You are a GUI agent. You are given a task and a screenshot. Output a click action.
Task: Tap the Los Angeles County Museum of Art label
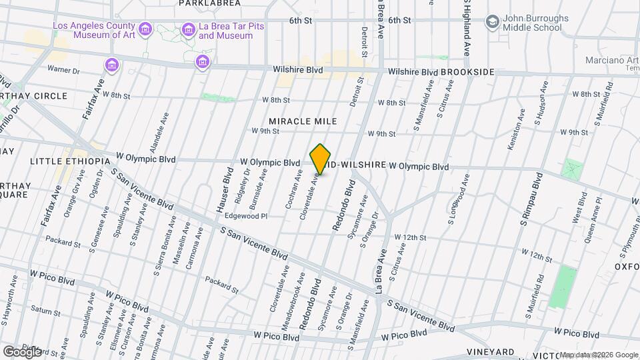(95, 31)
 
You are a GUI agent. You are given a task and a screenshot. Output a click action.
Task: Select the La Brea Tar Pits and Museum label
(226, 31)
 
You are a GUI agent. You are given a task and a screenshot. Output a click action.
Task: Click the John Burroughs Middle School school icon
(493, 22)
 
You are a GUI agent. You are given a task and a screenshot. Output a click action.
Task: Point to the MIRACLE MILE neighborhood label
(303, 121)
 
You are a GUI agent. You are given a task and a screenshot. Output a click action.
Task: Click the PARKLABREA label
(205, 3)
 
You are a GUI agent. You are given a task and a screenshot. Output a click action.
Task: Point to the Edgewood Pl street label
(246, 216)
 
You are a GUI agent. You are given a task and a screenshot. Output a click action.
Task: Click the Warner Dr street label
(63, 69)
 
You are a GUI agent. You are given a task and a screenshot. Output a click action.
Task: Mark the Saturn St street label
(45, 310)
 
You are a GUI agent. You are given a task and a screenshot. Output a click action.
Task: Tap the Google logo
(21, 351)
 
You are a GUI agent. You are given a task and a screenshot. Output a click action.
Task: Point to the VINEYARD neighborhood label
(490, 352)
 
